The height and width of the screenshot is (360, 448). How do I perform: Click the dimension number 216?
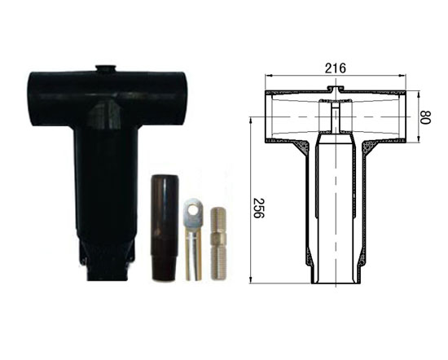(335, 68)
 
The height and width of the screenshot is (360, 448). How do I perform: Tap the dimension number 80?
(425, 117)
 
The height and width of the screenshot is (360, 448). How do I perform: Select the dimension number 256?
(258, 208)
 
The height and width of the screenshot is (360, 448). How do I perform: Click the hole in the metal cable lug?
(194, 210)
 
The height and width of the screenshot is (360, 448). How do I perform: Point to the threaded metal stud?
(218, 244)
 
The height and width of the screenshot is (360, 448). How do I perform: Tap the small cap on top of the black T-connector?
(106, 68)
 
